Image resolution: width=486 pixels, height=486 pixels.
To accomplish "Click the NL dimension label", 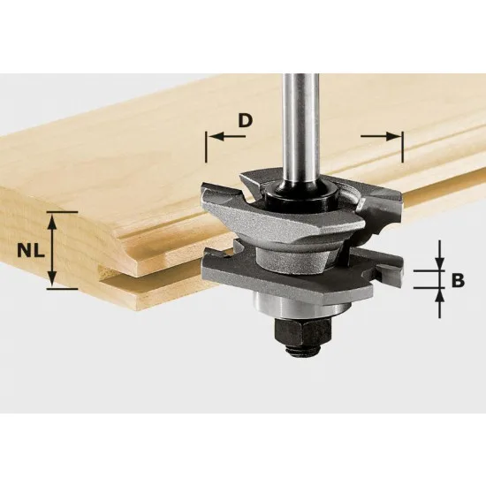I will click(26, 249).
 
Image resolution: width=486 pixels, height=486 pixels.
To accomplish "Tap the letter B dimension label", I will click(458, 282).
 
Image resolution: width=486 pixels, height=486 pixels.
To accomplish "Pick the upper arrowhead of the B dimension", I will click(437, 266).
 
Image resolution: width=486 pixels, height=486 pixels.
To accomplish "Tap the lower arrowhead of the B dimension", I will click(437, 295).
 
